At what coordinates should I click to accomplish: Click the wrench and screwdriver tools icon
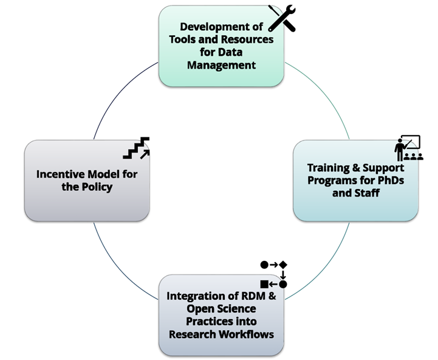281,18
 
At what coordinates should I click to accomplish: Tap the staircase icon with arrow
136,148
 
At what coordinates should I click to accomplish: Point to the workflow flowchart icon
273,274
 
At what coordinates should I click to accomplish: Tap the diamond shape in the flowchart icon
283,265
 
